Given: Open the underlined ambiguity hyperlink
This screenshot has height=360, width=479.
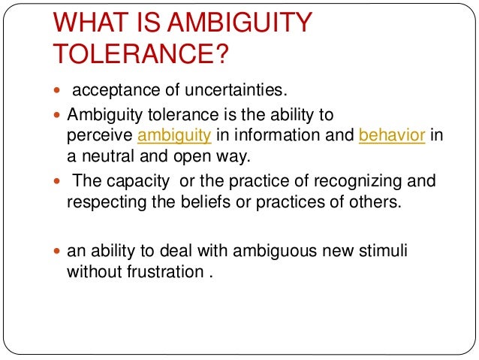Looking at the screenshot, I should (173, 135).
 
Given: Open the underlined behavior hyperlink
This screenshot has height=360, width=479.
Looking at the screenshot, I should (382, 135).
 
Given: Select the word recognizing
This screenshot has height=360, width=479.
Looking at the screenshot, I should (341, 182).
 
